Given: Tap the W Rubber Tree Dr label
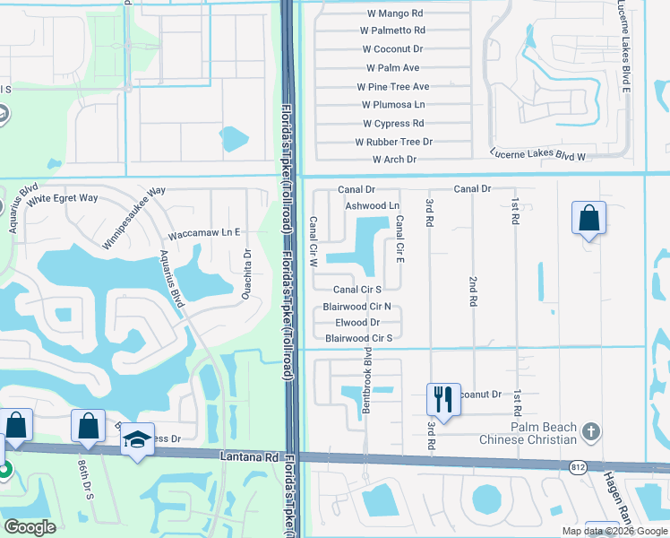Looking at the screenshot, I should [x=394, y=142].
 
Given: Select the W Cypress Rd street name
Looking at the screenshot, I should [x=393, y=124].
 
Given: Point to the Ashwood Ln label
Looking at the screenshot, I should [x=372, y=206].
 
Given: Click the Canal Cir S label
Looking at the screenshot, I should [x=357, y=290].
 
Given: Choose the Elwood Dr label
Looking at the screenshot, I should [x=357, y=322].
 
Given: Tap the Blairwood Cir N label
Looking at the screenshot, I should [x=356, y=307].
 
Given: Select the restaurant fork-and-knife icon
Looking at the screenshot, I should [x=443, y=397].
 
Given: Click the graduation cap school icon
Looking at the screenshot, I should [x=137, y=439].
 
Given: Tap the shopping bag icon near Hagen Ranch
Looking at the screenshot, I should [x=588, y=218].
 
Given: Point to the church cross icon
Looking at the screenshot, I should [x=589, y=432].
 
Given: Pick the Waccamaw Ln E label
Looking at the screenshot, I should [x=205, y=233].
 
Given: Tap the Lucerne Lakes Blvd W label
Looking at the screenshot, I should [x=537, y=156].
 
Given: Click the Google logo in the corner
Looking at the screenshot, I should [x=30, y=527].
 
